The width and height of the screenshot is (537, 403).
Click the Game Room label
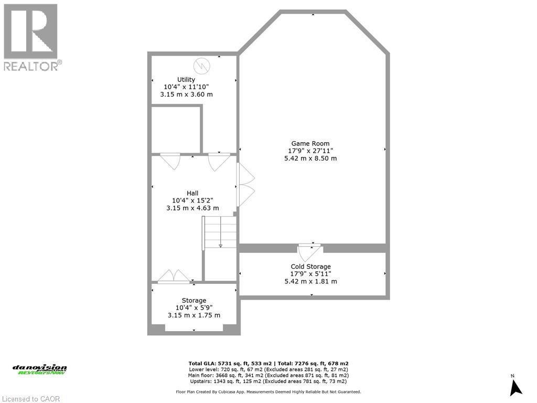pyautogui.click(x=310, y=143)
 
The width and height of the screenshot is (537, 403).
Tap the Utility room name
pyautogui.click(x=186, y=80)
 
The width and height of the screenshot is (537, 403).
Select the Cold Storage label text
pyautogui.click(x=310, y=267)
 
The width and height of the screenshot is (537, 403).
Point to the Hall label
pyautogui.click(x=192, y=193)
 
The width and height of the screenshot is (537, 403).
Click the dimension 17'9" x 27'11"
pyautogui.click(x=310, y=151)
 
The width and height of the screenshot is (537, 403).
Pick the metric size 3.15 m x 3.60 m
pyautogui.click(x=186, y=94)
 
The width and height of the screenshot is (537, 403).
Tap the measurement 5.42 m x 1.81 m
pyautogui.click(x=310, y=281)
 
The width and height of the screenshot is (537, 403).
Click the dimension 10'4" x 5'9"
pyautogui.click(x=194, y=308)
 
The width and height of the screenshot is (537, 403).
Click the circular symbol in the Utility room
pyautogui.click(x=201, y=66)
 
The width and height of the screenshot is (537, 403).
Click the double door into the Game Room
pyautogui.click(x=245, y=185)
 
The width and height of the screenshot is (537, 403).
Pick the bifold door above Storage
pyautogui.click(x=174, y=277)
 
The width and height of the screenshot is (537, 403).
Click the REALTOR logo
pyautogui.click(x=31, y=37)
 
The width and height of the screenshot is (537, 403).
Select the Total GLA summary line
pyautogui.click(x=268, y=363)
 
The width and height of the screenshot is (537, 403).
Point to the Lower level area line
pyautogui.click(x=268, y=369)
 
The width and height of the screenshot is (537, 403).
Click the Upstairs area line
pyautogui.click(x=268, y=381)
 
